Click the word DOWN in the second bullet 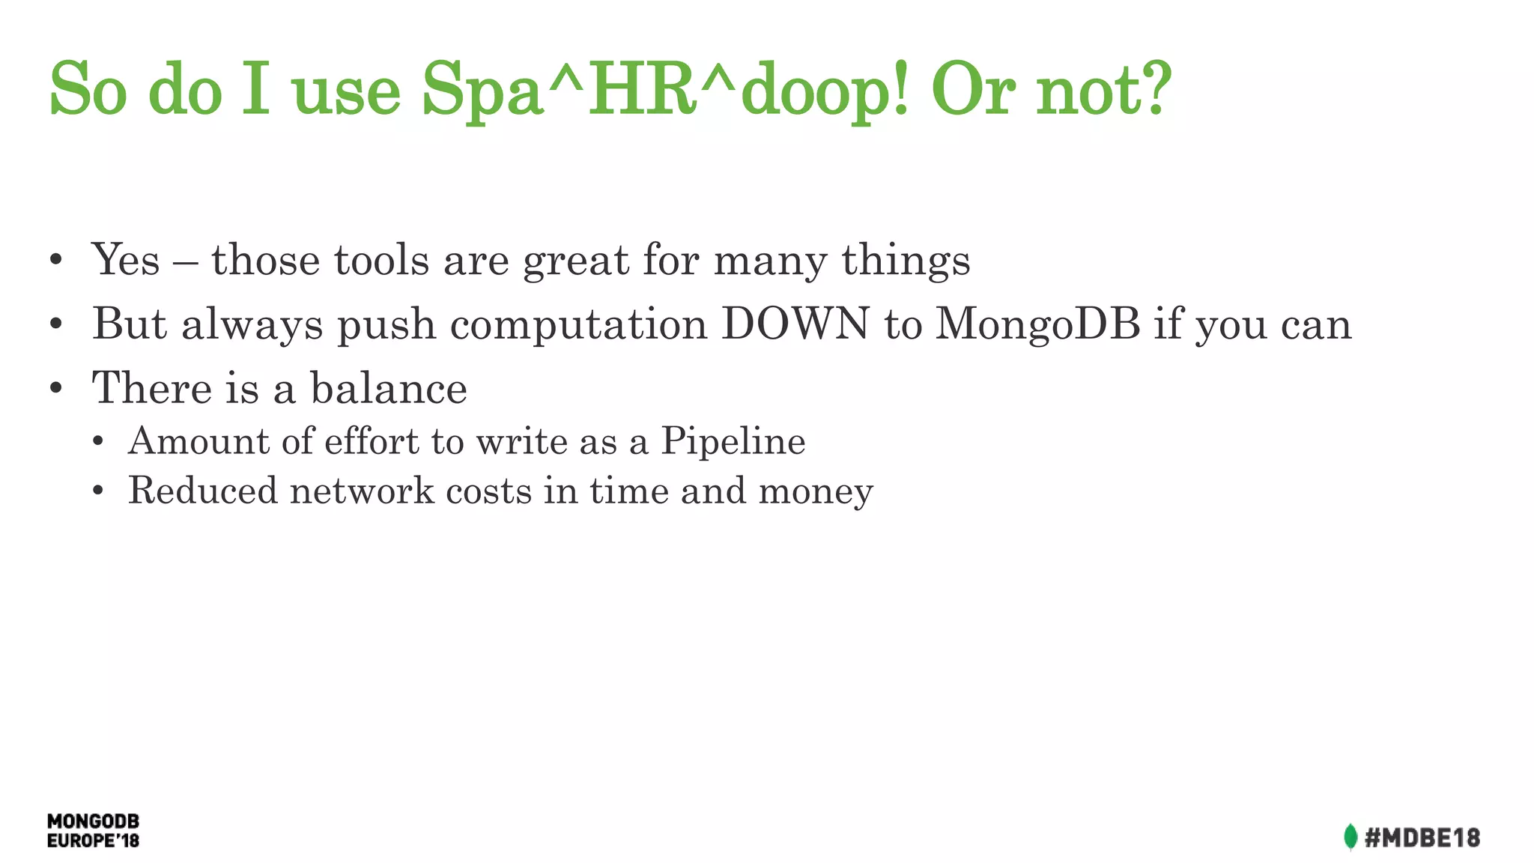[795, 324]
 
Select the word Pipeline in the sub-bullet [733, 441]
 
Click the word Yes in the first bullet [125, 260]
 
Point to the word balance [389, 389]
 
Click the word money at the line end [816, 492]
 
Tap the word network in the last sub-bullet [362, 491]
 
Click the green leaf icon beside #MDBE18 [1350, 837]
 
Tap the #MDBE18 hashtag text [1422, 838]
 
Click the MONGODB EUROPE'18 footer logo [93, 831]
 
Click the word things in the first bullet [906, 261]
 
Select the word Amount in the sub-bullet [198, 440]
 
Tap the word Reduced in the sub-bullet [202, 491]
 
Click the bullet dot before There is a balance [55, 389]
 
